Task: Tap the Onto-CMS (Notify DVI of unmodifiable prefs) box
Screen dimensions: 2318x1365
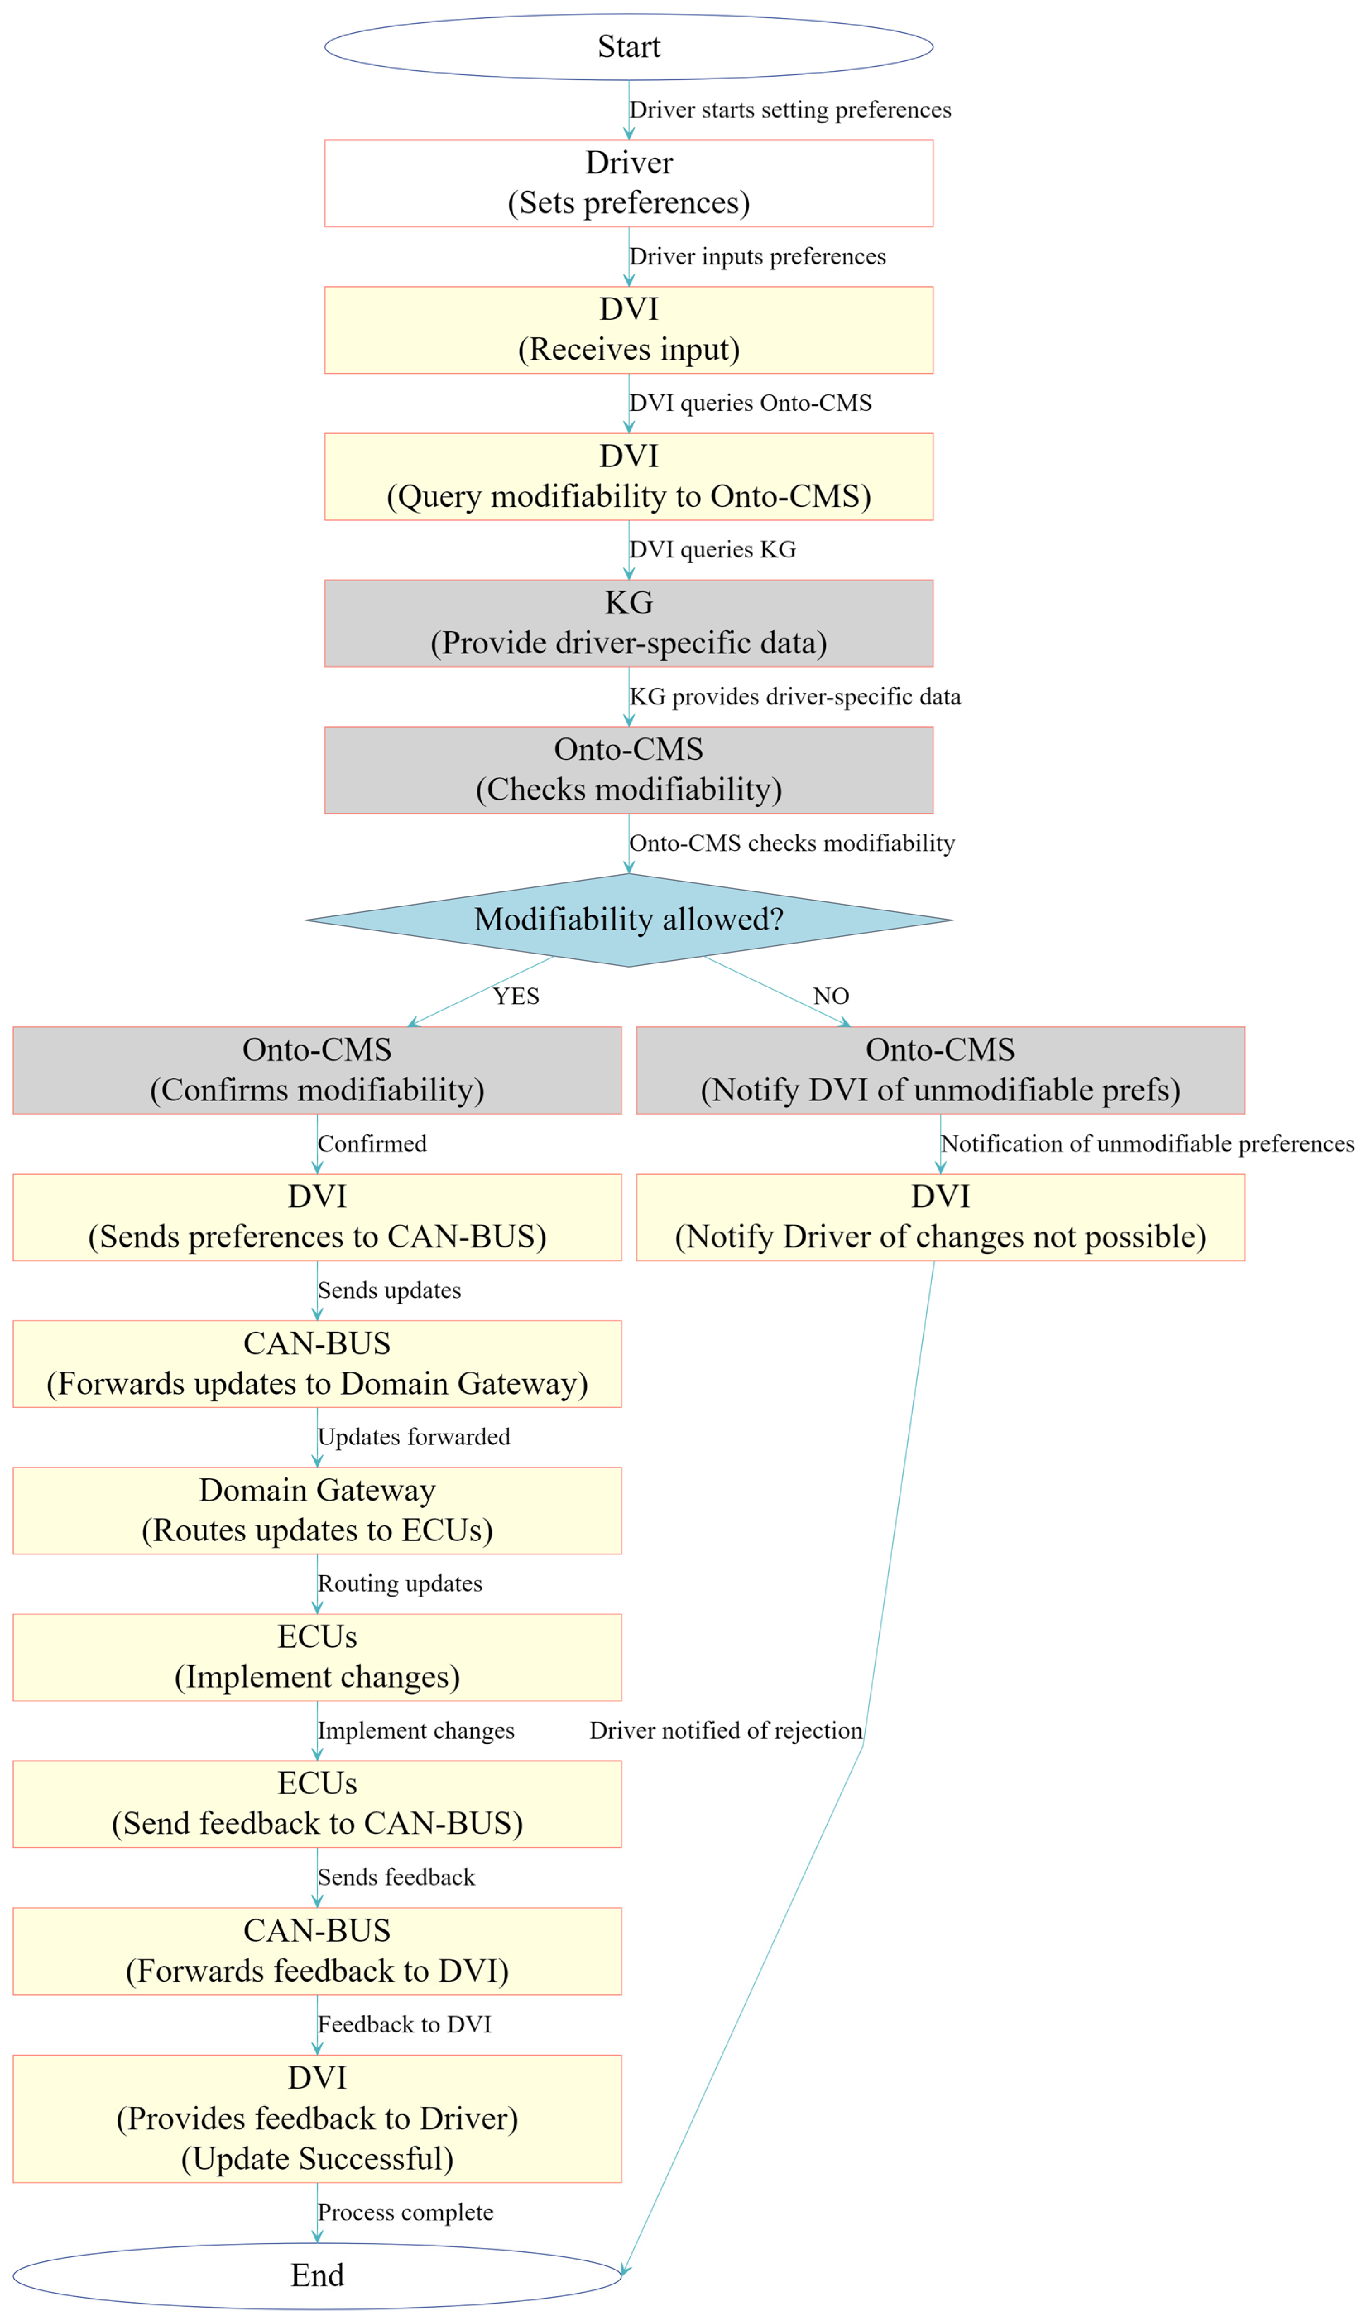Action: (x=940, y=1070)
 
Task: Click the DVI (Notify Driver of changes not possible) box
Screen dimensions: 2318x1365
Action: (x=940, y=1217)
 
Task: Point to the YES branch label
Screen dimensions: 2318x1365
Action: (x=516, y=996)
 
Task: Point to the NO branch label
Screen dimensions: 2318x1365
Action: (x=830, y=996)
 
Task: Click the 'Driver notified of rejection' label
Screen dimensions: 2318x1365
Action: (x=726, y=1730)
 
